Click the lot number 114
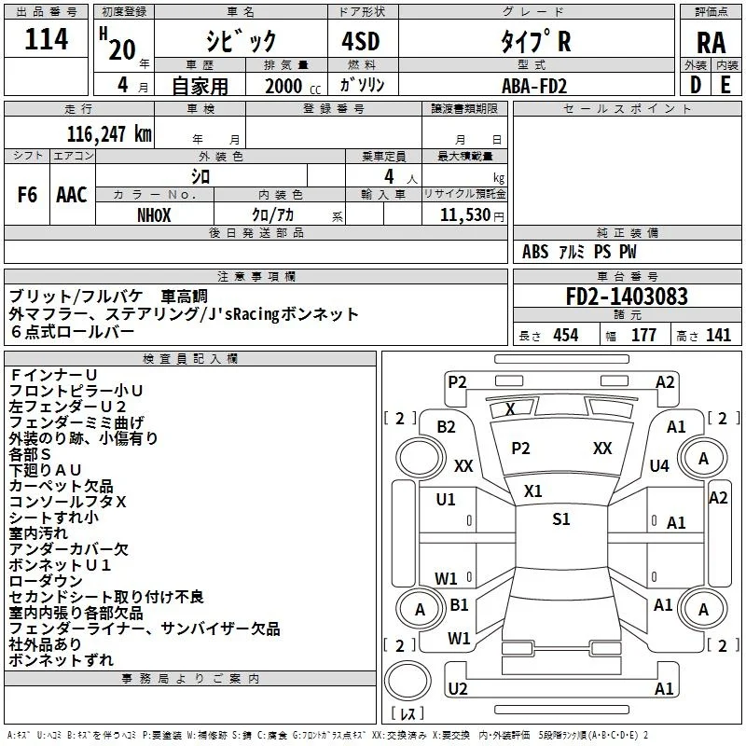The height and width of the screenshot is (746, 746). (46, 39)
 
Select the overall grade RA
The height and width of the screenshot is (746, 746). (711, 43)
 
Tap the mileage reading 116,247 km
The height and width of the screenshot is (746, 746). (109, 134)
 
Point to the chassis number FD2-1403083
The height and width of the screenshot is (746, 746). (627, 297)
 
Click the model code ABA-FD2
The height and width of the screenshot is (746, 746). (534, 86)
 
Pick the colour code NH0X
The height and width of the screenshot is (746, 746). (154, 215)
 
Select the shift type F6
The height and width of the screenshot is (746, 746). (27, 195)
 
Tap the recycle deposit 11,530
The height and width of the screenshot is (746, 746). (465, 215)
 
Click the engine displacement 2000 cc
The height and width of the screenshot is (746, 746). (293, 86)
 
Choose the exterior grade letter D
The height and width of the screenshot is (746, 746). (696, 85)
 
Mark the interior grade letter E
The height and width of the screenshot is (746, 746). (725, 85)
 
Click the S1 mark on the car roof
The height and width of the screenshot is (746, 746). (561, 519)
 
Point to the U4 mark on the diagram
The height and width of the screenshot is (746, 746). (659, 465)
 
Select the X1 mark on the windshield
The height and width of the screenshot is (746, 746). (532, 491)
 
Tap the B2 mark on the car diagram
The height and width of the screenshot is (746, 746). (447, 427)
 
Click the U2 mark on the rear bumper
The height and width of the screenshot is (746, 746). (458, 689)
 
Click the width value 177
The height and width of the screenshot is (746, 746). (643, 336)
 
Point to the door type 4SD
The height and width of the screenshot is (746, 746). (361, 42)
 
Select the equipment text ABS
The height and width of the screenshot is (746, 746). (535, 252)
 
